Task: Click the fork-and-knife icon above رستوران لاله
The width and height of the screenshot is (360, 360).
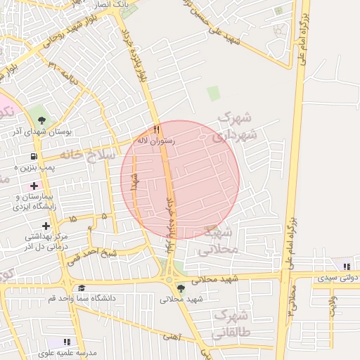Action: [x=157, y=129]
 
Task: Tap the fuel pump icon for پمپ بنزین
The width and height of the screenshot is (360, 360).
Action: [x=34, y=156]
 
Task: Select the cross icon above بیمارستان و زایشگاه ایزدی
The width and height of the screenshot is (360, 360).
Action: [x=34, y=186]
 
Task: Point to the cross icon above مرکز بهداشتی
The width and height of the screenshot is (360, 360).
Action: [x=46, y=226]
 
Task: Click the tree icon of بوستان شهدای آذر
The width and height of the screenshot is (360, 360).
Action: [x=41, y=119]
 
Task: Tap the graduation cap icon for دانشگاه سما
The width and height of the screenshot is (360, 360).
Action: [x=82, y=288]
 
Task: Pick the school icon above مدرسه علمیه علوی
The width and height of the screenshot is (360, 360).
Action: [x=67, y=342]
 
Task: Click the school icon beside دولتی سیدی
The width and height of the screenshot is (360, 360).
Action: [x=346, y=266]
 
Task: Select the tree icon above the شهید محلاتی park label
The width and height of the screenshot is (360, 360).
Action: [x=181, y=288]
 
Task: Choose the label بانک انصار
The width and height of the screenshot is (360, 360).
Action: [x=112, y=4]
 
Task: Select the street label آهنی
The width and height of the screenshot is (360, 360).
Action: [x=172, y=337]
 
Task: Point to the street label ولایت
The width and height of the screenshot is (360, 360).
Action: [x=333, y=304]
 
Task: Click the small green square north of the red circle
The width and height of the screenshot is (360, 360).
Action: [x=213, y=94]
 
